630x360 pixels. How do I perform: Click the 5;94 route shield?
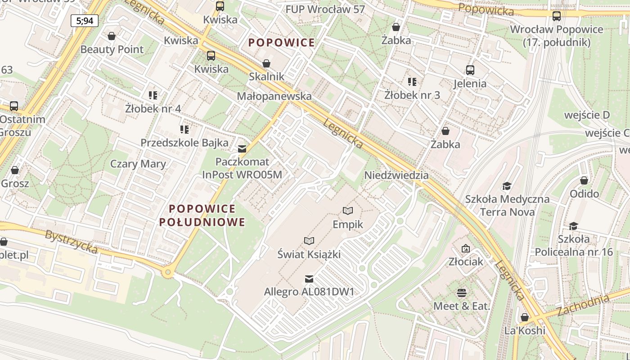(85, 20)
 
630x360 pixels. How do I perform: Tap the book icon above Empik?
(347, 211)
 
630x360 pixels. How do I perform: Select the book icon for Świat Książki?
(309, 241)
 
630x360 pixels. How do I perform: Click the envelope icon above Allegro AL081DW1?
(309, 279)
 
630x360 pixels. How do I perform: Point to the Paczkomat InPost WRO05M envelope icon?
(242, 148)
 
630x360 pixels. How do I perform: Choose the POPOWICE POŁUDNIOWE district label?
(202, 215)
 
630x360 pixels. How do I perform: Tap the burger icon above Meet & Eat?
(461, 293)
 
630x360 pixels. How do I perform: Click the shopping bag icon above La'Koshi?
(524, 317)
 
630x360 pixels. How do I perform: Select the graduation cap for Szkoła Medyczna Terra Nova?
(507, 186)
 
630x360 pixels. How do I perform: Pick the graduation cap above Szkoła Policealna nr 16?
(573, 226)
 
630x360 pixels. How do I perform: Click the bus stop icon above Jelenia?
(470, 70)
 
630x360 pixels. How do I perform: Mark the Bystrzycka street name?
(71, 242)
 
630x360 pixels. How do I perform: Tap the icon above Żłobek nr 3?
(412, 82)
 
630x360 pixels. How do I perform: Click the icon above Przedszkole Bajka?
(184, 130)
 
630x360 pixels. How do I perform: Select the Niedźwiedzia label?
(396, 175)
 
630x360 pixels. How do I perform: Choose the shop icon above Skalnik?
(266, 63)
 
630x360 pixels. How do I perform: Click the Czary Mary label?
(138, 164)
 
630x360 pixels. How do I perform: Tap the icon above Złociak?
(465, 248)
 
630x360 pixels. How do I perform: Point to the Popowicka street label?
(486, 9)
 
